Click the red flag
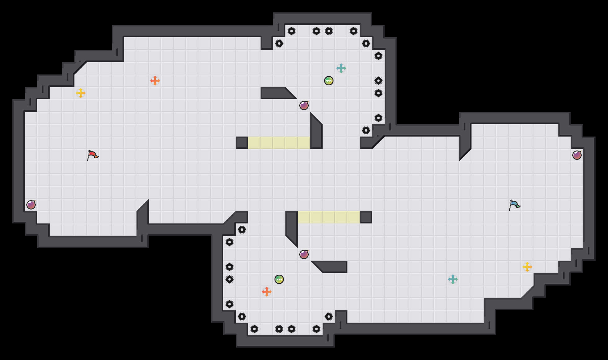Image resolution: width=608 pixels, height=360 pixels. (x=92, y=155)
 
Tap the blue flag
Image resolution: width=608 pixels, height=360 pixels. (x=514, y=205)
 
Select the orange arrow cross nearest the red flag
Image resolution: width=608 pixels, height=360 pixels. (x=155, y=81)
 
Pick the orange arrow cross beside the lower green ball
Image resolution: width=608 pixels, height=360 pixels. (x=267, y=292)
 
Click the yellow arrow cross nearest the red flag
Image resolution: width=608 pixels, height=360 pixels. (x=81, y=93)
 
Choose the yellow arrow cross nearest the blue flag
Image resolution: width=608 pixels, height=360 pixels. (x=527, y=267)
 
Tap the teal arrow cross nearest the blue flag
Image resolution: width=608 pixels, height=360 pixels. (x=453, y=279)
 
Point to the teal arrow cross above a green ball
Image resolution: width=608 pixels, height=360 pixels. (x=341, y=68)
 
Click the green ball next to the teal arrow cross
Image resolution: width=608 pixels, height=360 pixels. (x=329, y=81)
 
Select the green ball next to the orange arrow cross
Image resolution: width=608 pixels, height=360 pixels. (x=279, y=279)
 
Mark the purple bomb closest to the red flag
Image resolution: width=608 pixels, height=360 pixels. (x=31, y=205)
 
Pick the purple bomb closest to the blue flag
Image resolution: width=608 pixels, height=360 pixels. (x=577, y=155)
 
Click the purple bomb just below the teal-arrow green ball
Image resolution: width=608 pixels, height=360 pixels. (x=304, y=106)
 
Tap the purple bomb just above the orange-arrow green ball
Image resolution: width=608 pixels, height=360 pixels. (x=304, y=254)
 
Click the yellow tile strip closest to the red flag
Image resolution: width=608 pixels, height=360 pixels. (x=279, y=143)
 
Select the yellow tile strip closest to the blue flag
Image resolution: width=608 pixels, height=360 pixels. (x=329, y=217)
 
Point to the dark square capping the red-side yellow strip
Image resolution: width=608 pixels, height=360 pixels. (x=242, y=143)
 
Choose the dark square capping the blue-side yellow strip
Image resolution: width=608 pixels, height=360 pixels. (x=366, y=217)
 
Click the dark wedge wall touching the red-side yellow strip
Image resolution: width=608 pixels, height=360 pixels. (x=316, y=133)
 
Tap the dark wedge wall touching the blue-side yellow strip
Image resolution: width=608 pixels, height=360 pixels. (x=292, y=227)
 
